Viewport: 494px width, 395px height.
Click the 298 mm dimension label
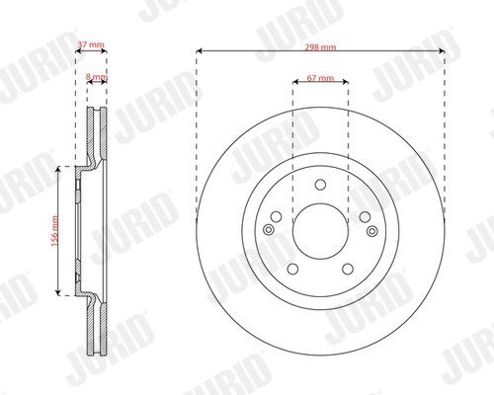tap(320, 47)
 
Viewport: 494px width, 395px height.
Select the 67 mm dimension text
tap(320, 78)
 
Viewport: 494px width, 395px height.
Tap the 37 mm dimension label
tap(91, 44)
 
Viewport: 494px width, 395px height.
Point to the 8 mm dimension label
tap(97, 77)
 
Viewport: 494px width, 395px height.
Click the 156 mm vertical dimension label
tap(55, 230)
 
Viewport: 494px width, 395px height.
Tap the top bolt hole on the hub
tap(320, 185)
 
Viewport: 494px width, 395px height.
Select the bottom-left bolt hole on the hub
tap(292, 269)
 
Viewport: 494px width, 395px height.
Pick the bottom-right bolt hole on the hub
tap(348, 269)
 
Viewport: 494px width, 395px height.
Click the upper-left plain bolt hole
tap(276, 217)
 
